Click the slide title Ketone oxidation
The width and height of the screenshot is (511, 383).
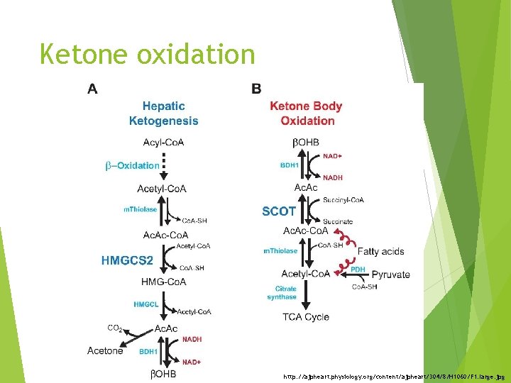(147, 54)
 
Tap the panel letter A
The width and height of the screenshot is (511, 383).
(92, 89)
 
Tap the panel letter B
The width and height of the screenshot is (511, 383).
(256, 89)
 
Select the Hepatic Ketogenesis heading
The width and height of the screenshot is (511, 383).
(163, 113)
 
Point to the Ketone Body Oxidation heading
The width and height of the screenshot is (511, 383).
(306, 113)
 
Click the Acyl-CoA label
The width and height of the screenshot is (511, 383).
(163, 143)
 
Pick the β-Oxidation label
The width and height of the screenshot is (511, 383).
(132, 165)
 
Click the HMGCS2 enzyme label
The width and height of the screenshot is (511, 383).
(127, 260)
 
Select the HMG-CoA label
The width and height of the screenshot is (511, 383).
(163, 282)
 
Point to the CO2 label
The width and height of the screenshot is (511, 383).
(115, 328)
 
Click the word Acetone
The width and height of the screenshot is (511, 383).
(105, 350)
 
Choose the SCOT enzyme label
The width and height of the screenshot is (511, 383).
(279, 211)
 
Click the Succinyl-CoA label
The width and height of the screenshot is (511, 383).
(344, 200)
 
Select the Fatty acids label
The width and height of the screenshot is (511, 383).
(380, 251)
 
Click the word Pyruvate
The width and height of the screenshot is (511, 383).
(390, 274)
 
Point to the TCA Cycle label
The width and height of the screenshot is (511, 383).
(306, 317)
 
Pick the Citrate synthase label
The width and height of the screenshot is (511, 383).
(282, 293)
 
